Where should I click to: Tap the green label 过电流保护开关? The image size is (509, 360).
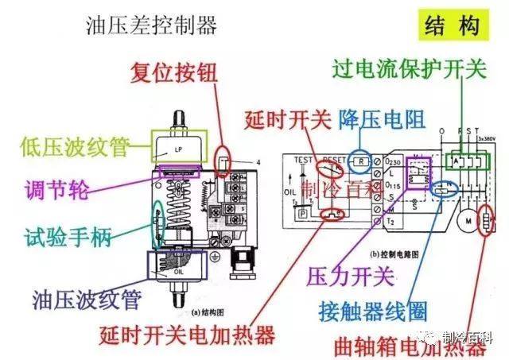[409, 70]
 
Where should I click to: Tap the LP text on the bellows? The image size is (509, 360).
[177, 149]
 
